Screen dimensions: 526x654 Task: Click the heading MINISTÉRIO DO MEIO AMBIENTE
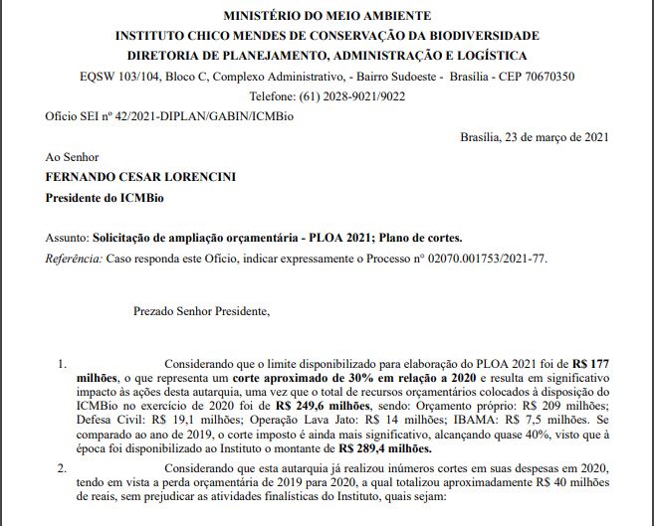pos(327,16)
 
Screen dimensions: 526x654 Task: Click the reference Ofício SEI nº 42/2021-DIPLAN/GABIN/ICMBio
pos(157,116)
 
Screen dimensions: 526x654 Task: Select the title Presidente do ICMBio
pos(97,198)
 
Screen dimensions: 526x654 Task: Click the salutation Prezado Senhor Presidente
pos(201,311)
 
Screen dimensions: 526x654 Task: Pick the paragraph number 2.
pos(62,465)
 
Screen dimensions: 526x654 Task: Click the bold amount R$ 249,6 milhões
pos(319,407)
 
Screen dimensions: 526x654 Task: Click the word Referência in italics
pos(73,259)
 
